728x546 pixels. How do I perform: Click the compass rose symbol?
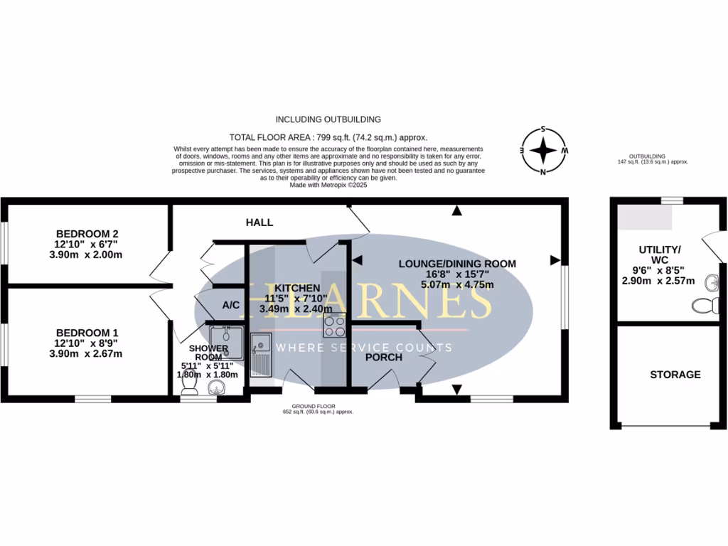click(544, 151)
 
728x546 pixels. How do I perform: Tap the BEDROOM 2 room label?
click(87, 234)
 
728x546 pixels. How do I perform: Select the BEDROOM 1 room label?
click(87, 333)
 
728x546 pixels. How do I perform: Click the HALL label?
click(259, 223)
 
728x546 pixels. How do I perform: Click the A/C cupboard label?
click(230, 305)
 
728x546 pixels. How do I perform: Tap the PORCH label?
click(384, 357)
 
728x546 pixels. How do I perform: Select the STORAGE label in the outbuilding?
click(675, 375)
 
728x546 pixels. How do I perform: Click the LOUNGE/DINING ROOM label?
click(456, 264)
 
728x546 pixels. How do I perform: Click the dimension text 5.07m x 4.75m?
click(456, 285)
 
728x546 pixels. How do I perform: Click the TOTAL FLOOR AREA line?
click(328, 136)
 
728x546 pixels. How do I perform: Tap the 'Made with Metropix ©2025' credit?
click(328, 184)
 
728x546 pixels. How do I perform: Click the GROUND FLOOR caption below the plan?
click(318, 407)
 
